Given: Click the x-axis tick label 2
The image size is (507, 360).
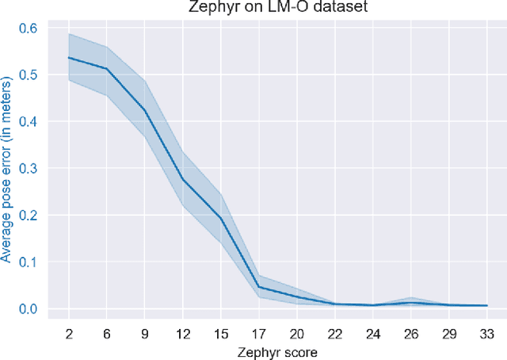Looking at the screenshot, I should pos(69,331).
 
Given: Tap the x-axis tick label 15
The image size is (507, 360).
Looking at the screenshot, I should pos(220,331).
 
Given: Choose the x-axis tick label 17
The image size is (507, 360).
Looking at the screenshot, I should pos(258,331).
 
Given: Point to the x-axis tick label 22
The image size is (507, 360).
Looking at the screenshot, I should pos(334,331).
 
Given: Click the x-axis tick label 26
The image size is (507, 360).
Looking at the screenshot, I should pos(410,331).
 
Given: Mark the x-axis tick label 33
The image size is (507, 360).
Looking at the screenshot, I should pos(486,331).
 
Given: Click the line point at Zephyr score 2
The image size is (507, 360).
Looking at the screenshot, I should pos(69,57).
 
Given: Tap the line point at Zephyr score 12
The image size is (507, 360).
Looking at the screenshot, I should pos(183,178).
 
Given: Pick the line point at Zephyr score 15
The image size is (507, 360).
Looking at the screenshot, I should pos(220,218).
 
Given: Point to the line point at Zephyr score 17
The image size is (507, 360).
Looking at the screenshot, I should pos(258,287).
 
